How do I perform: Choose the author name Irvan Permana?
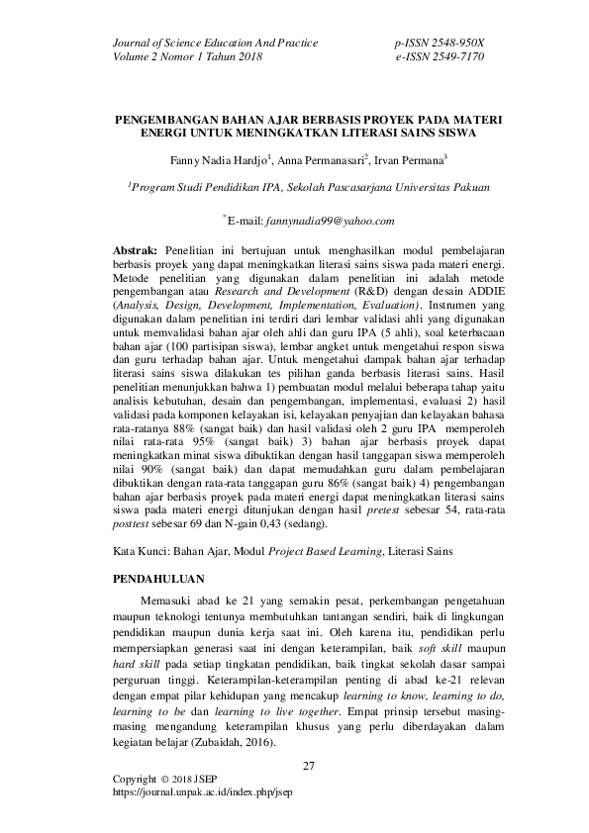pos(411,158)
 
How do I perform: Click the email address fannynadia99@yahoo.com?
pos(323,221)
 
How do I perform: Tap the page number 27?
pos(307,766)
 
